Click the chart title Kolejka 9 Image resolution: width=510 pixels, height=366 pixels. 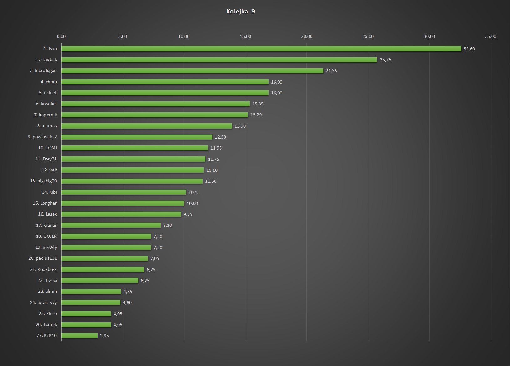(240, 12)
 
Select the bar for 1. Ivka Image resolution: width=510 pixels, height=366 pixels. (261, 49)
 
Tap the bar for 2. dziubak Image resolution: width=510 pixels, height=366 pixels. (219, 60)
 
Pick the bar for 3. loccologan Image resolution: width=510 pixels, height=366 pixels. (192, 71)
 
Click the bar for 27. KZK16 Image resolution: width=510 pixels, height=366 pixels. (79, 336)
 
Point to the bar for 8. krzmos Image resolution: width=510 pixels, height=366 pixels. (147, 126)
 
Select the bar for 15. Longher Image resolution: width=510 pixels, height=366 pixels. (123, 203)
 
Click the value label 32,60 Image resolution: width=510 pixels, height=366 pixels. (469, 49)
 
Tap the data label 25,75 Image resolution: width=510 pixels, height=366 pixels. (385, 60)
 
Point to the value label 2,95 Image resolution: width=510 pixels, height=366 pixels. (104, 336)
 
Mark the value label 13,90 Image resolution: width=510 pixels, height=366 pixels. (240, 126)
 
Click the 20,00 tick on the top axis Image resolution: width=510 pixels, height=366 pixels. (306, 36)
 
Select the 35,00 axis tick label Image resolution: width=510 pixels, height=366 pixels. (490, 36)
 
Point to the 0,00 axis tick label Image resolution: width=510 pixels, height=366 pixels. (62, 36)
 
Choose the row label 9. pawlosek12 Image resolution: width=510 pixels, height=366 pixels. (42, 137)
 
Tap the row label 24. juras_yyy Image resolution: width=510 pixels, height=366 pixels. (43, 302)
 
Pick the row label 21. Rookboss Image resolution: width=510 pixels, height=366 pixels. (43, 269)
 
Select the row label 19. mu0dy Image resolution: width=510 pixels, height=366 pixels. (46, 247)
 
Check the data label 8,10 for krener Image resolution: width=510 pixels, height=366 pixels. (167, 225)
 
